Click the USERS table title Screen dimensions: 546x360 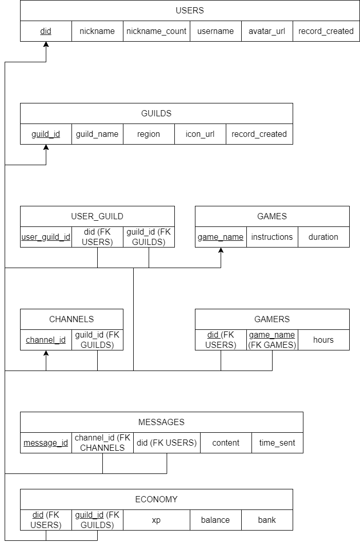pyautogui.click(x=190, y=10)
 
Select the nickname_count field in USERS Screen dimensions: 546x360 pyautogui.click(x=156, y=31)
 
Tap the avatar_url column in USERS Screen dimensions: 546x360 pyautogui.click(x=267, y=31)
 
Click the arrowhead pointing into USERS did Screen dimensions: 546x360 pyautogui.click(x=46, y=45)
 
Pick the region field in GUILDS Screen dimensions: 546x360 pyautogui.click(x=149, y=134)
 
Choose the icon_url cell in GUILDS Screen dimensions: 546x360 pyautogui.click(x=200, y=134)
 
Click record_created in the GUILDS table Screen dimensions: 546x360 pyautogui.click(x=259, y=134)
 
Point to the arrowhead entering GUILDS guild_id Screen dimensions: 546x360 pyautogui.click(x=46, y=148)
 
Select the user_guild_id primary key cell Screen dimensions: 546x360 pyautogui.click(x=46, y=237)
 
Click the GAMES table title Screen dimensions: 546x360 pyautogui.click(x=272, y=216)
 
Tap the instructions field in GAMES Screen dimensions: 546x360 pyautogui.click(x=272, y=237)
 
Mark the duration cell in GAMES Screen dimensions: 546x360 pyautogui.click(x=323, y=237)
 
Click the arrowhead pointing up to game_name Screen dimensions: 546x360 pyautogui.click(x=221, y=251)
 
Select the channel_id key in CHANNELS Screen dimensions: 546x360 pyautogui.click(x=46, y=340)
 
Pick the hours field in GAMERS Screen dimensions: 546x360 pyautogui.click(x=323, y=340)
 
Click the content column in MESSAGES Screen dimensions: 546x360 pyautogui.click(x=226, y=443)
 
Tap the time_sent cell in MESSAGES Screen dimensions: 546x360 pyautogui.click(x=277, y=443)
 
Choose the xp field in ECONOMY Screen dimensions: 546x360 pyautogui.click(x=156, y=520)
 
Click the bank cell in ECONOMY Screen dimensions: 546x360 pyautogui.click(x=267, y=520)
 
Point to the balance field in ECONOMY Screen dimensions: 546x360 pyautogui.click(x=215, y=520)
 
